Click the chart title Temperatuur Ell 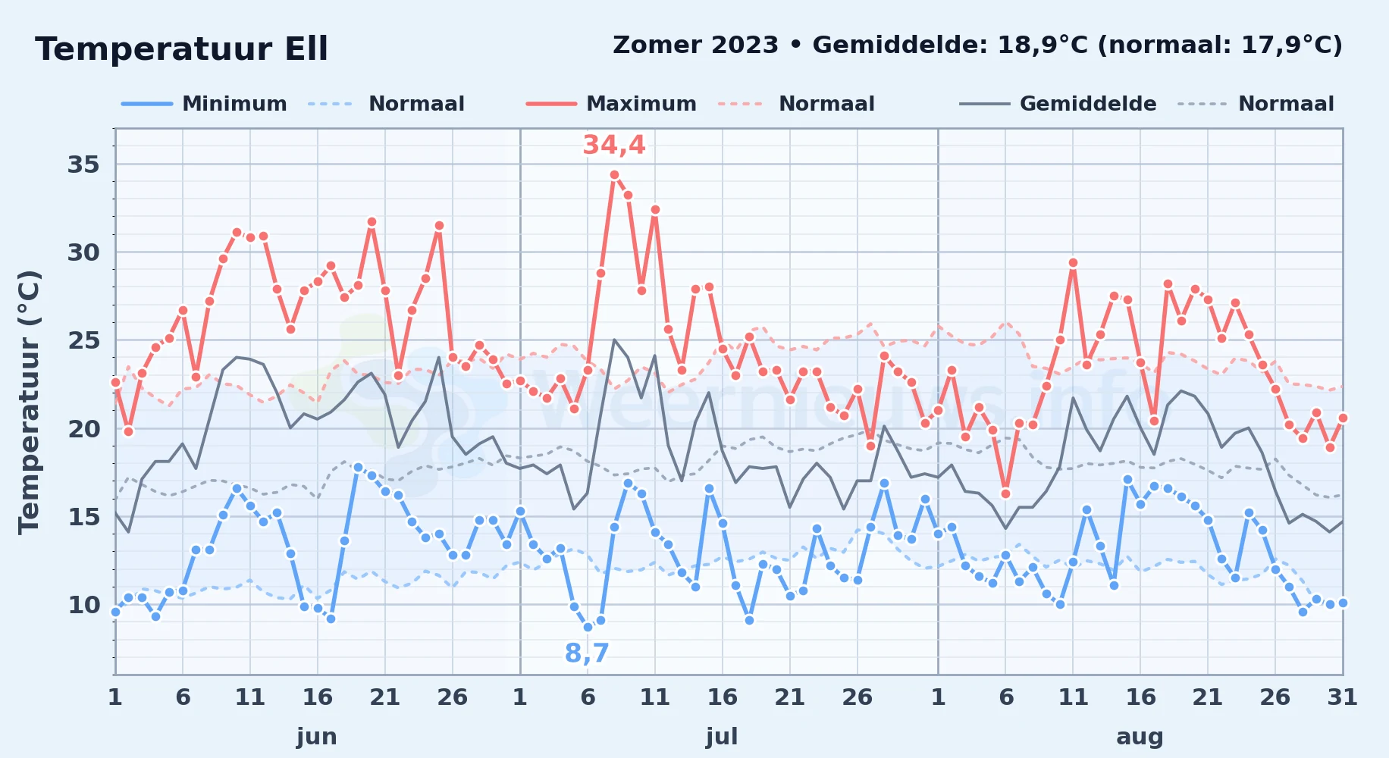click(x=181, y=49)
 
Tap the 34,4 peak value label click(x=614, y=145)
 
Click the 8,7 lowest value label click(x=587, y=653)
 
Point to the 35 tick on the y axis click(x=83, y=164)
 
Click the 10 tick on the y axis click(x=83, y=605)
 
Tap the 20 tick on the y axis click(x=83, y=429)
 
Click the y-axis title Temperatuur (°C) click(x=29, y=402)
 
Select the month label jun click(x=317, y=737)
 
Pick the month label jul click(x=722, y=737)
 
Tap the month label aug click(x=1140, y=737)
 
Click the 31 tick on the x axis click(x=1342, y=697)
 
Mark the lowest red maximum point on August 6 click(x=1006, y=493)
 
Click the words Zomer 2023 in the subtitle click(x=695, y=45)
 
